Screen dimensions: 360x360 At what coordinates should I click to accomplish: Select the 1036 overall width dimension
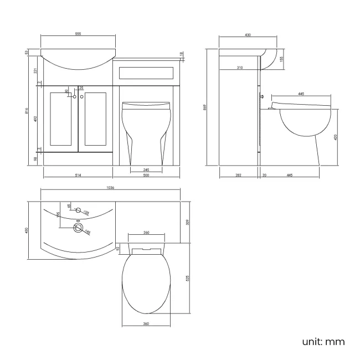[x=111, y=188]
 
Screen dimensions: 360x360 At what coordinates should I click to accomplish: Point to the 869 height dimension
[x=205, y=108]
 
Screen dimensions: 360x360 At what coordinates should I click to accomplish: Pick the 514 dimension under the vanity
[x=78, y=175]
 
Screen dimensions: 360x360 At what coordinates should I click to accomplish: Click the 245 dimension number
[x=146, y=169]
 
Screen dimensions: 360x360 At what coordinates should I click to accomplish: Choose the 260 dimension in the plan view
[x=146, y=233]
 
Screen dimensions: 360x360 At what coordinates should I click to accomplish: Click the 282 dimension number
[x=239, y=175]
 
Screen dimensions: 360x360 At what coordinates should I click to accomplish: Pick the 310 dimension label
[x=239, y=68]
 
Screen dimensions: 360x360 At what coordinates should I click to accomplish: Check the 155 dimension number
[x=282, y=59]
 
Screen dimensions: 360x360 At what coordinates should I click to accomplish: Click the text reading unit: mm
[x=324, y=342]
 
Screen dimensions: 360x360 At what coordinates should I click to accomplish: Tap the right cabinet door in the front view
[x=95, y=120]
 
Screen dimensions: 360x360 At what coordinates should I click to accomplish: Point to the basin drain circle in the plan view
[x=77, y=227]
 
